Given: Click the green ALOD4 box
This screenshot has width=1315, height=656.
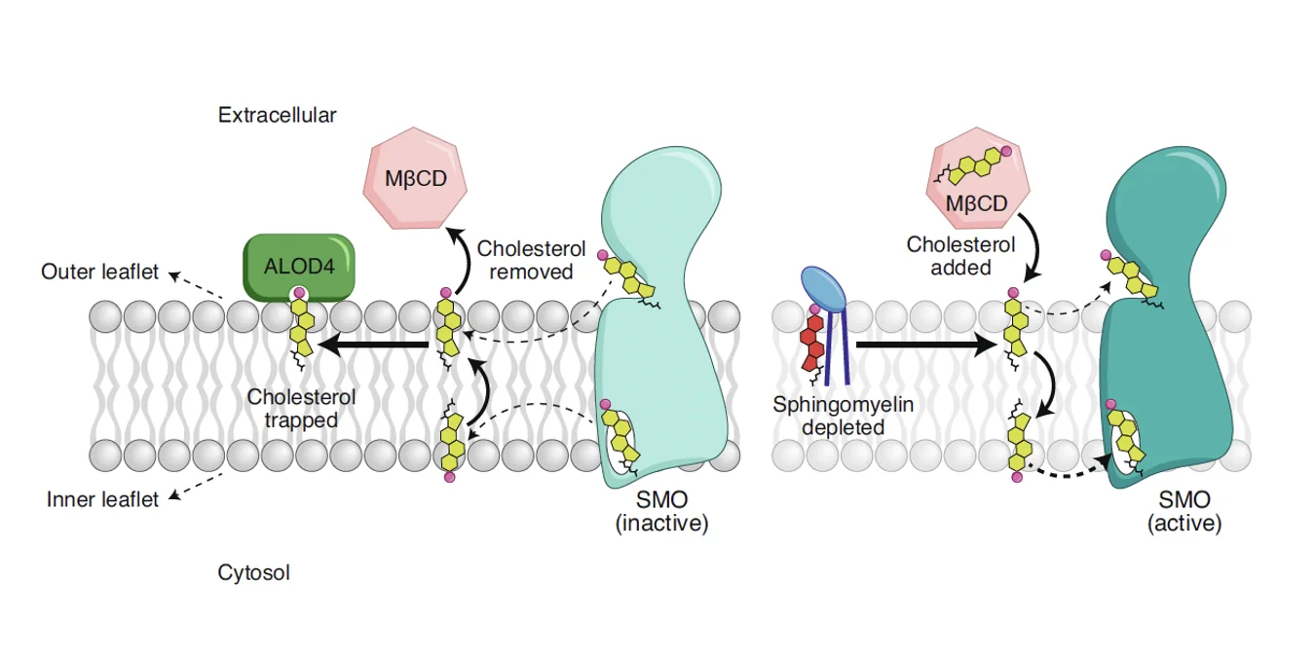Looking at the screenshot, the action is coord(299,267).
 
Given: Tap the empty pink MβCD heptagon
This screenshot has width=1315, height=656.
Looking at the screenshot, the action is coord(415,178).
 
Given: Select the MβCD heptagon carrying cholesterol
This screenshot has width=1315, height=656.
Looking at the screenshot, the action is coord(978,178).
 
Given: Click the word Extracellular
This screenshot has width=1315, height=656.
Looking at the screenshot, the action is coord(277,115).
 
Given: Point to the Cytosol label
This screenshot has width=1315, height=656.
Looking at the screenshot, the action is coord(253,572).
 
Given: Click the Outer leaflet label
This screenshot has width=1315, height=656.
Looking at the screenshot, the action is coord(99,272).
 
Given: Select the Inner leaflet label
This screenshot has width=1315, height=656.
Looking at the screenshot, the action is coord(102,499).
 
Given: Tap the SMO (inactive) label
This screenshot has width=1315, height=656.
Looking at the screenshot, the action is coord(661,511).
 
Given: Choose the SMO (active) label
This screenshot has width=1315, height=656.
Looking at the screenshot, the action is coord(1184,511).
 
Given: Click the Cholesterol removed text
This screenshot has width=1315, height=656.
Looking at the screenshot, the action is coord(531,260).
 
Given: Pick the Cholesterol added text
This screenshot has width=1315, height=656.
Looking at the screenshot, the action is coord(960,256).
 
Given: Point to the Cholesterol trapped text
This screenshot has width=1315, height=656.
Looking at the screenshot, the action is coord(301,409).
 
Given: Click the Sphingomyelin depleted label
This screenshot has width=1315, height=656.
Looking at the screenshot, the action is coord(843,416).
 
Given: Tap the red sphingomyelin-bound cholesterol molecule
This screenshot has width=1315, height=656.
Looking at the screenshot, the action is coord(813,345).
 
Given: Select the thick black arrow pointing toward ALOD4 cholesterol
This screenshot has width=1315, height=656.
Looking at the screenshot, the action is coord(373,345).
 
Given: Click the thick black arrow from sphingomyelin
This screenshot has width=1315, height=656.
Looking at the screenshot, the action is coord(927,345).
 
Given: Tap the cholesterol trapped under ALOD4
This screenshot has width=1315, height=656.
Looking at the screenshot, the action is coord(302,329).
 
